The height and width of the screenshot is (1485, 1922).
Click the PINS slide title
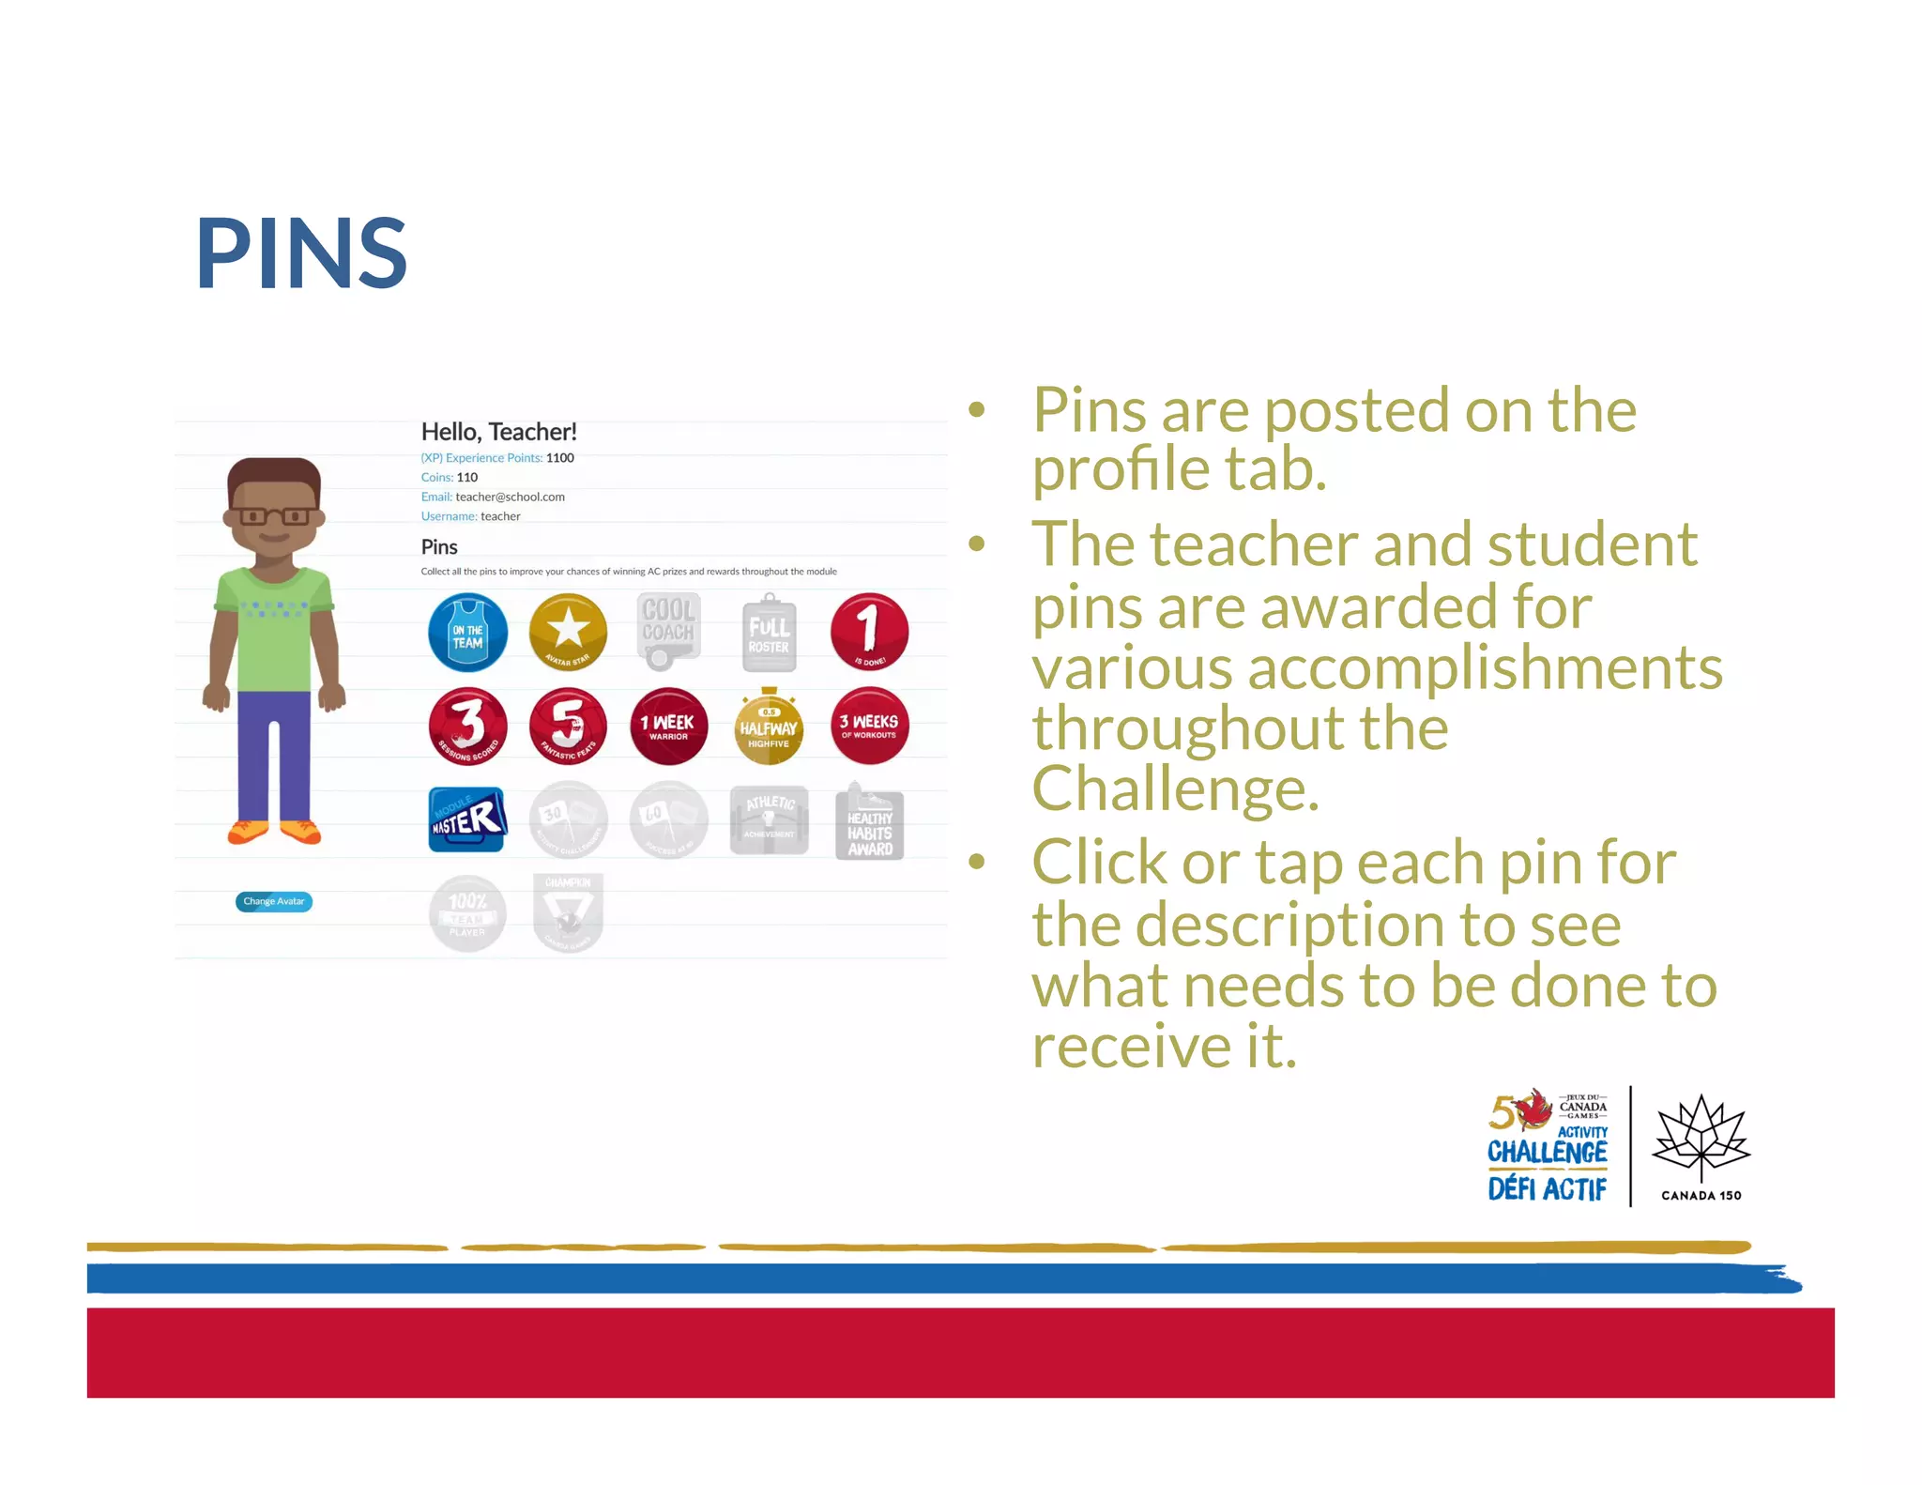point(301,253)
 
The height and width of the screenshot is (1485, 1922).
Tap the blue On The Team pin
point(467,633)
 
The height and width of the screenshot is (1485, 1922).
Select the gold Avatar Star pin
point(568,632)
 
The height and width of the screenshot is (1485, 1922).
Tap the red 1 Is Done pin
point(869,631)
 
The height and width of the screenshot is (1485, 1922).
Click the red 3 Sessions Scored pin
point(467,727)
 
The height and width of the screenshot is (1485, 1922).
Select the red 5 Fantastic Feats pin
point(568,726)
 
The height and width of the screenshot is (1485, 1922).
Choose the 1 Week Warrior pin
point(668,727)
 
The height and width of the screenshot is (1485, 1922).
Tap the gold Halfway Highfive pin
point(769,727)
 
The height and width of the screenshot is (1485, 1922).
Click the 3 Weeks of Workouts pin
point(869,726)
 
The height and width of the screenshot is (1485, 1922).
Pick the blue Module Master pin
point(467,819)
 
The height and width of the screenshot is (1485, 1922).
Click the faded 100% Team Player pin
point(467,913)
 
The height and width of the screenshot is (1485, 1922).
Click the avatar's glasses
point(274,516)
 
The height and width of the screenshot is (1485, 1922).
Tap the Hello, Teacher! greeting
point(498,432)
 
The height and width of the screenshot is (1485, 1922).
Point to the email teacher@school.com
point(510,497)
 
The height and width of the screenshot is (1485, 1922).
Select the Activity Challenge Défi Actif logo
point(1548,1147)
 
